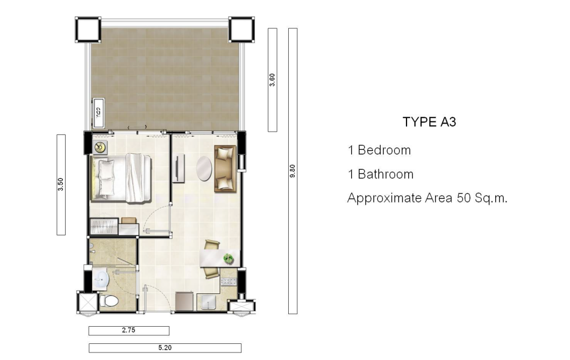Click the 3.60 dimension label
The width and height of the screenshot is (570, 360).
point(272,80)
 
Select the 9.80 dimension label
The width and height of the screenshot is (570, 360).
point(293,171)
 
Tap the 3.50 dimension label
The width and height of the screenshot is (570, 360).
point(61,184)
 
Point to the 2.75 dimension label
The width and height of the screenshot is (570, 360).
point(129,330)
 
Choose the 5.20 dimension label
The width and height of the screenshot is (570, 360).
point(165,348)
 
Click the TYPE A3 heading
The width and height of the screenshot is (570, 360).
point(429,121)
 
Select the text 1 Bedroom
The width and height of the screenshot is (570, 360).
point(379,150)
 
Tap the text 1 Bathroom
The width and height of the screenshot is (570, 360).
point(381,175)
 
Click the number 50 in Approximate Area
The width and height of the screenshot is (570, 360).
point(464,198)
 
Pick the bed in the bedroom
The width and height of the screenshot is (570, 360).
point(120,178)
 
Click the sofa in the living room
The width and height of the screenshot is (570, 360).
point(225,169)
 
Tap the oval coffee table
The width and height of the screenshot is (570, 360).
point(204,169)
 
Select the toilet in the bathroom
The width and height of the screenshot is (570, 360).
point(109,301)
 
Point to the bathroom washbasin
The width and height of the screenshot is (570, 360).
point(101,279)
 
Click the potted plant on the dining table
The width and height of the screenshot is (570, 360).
point(229,258)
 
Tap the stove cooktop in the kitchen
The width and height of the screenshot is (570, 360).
point(229,281)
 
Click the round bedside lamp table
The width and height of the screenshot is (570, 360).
point(100,147)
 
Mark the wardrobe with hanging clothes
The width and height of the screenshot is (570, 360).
point(104,227)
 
